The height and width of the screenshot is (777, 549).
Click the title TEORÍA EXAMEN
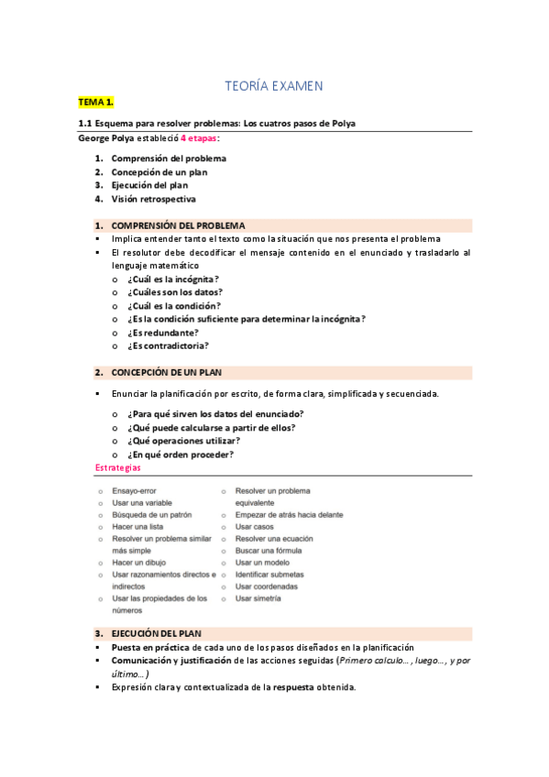pyautogui.click(x=274, y=86)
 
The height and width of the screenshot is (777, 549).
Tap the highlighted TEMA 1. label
pyautogui.click(x=95, y=104)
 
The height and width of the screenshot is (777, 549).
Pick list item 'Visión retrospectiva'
pyautogui.click(x=153, y=199)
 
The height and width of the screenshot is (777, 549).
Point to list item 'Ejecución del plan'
pyautogui.click(x=149, y=185)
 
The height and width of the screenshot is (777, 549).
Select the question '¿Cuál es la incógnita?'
pyautogui.click(x=173, y=279)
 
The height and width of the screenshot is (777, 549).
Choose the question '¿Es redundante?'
pyautogui.click(x=163, y=333)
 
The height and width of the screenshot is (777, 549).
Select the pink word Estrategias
pyautogui.click(x=118, y=468)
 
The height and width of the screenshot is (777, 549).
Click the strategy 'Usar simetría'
pyautogui.click(x=258, y=598)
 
